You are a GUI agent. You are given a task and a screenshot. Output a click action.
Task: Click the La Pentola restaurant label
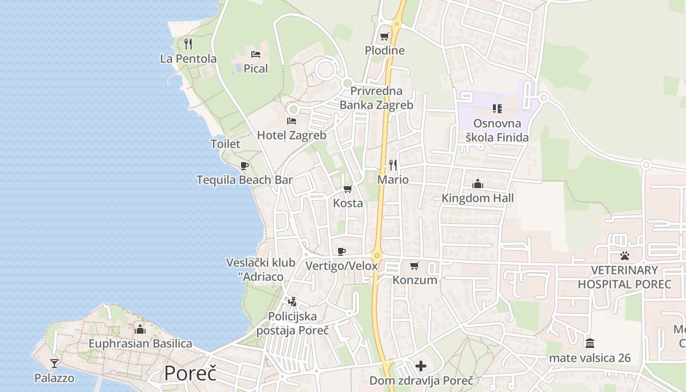point(188,59)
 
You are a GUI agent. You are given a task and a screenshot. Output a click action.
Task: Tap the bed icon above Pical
point(255,54)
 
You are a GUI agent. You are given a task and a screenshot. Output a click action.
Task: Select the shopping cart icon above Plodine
point(385,36)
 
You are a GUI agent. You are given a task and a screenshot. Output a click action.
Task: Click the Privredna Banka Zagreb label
point(376,98)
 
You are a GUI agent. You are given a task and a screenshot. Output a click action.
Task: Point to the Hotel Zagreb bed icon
point(292,121)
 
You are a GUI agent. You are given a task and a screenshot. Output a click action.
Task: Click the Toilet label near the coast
point(225,144)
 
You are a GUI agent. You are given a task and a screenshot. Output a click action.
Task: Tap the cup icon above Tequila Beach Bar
point(245,166)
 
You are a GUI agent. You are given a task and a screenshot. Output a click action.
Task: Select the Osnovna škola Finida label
point(497,130)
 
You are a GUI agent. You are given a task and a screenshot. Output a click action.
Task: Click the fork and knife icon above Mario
point(392,165)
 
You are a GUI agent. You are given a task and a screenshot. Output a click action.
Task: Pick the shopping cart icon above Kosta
point(348,189)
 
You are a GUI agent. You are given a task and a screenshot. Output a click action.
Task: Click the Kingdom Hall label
point(478,198)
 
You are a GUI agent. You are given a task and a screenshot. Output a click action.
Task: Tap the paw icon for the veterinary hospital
point(624,255)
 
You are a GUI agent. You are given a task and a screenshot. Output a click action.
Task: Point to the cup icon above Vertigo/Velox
point(342,251)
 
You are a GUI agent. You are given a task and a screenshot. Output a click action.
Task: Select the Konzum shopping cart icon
point(415,266)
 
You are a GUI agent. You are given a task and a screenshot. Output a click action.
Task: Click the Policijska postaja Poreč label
point(293,323)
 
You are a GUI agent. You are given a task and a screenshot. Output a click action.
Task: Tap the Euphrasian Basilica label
point(140,343)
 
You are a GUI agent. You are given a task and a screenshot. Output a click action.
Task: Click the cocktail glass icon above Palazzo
point(54,363)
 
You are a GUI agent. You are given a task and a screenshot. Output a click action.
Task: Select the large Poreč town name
point(190,373)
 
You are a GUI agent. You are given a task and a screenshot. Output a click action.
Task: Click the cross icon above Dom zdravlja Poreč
point(421,366)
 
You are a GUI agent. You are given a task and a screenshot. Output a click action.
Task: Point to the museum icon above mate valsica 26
point(590,343)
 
